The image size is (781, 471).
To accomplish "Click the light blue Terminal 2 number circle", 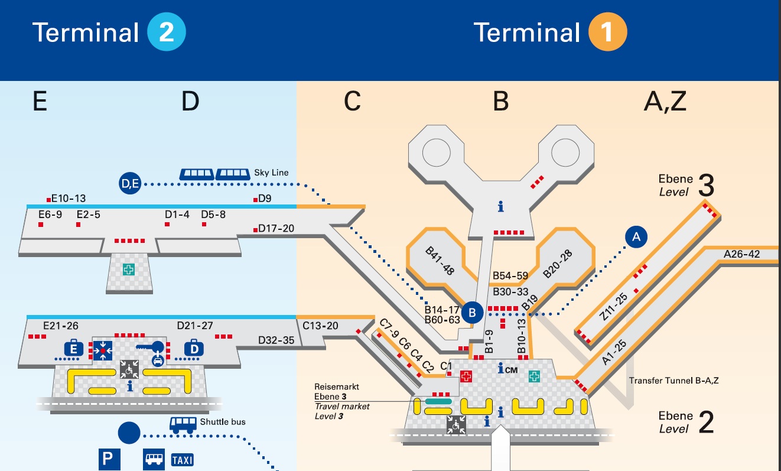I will point(167,32).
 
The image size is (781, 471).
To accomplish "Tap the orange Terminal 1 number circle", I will point(607,32).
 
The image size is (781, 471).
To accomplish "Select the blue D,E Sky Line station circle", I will point(129,184).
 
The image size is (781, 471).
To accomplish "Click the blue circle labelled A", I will point(636,237).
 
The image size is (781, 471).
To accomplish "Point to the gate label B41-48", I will point(440,261).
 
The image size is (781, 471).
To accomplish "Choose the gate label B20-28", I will point(557,264).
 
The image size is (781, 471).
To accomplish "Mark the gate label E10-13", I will point(69,199).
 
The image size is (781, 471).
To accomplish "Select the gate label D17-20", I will point(276,228).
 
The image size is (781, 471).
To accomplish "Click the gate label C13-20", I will point(320,326).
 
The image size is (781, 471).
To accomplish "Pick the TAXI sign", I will point(182,460).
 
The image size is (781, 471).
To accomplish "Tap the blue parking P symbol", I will point(109,459).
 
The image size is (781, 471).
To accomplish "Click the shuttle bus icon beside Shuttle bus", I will point(183,424).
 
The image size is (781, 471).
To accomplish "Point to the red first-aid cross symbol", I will point(466,376).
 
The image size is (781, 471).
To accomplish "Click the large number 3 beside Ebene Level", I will point(705,185).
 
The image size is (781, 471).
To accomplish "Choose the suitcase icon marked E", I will point(74,349).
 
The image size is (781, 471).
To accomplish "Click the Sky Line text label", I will point(271,173).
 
